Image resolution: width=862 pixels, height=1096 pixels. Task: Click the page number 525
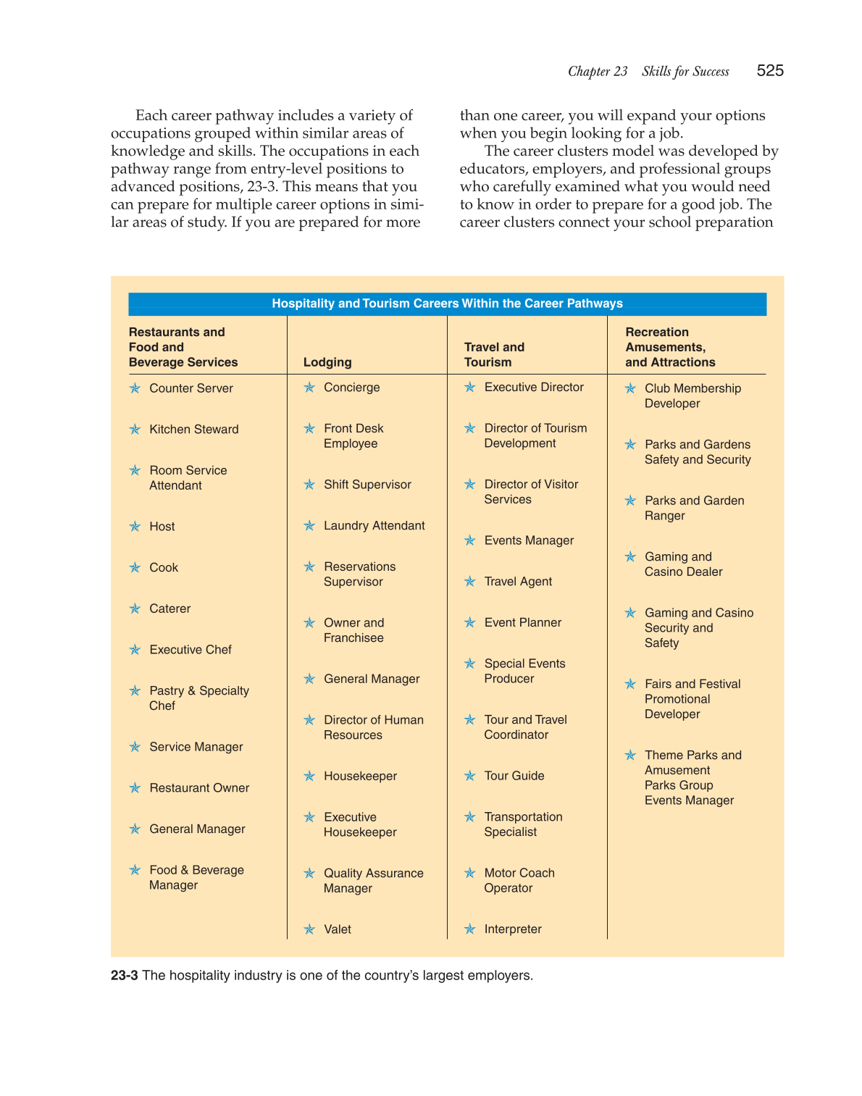pos(769,70)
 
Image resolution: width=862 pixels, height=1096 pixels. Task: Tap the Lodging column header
pos(327,362)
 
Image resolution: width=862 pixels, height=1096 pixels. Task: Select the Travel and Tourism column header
pos(494,355)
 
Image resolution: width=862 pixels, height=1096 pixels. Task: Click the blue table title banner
pos(447,304)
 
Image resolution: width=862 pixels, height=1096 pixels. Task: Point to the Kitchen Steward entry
pos(193,430)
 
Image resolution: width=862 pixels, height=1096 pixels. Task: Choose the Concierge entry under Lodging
pos(351,388)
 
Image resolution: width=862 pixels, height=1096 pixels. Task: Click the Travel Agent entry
pos(518,582)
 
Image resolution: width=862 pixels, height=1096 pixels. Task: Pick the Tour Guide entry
pos(514,776)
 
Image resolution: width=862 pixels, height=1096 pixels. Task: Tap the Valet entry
pos(337,929)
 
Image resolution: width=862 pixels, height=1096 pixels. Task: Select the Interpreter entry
pos(512,929)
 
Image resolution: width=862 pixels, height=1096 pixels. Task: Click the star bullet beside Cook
pos(135,568)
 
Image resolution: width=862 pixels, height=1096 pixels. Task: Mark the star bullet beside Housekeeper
pos(309,777)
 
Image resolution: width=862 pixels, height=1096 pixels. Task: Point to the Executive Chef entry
pos(190,650)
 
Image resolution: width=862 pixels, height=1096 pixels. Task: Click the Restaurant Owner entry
pos(199,788)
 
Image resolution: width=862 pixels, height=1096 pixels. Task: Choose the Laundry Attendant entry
pos(374,526)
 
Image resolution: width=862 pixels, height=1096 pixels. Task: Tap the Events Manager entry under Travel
pos(529,540)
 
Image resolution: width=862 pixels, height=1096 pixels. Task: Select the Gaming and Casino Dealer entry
pos(683,564)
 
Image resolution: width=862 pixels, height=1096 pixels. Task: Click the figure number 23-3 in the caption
pos(124,976)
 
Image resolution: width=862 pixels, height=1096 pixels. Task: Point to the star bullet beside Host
pos(135,527)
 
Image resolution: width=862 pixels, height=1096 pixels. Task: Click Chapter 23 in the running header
pos(598,71)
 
